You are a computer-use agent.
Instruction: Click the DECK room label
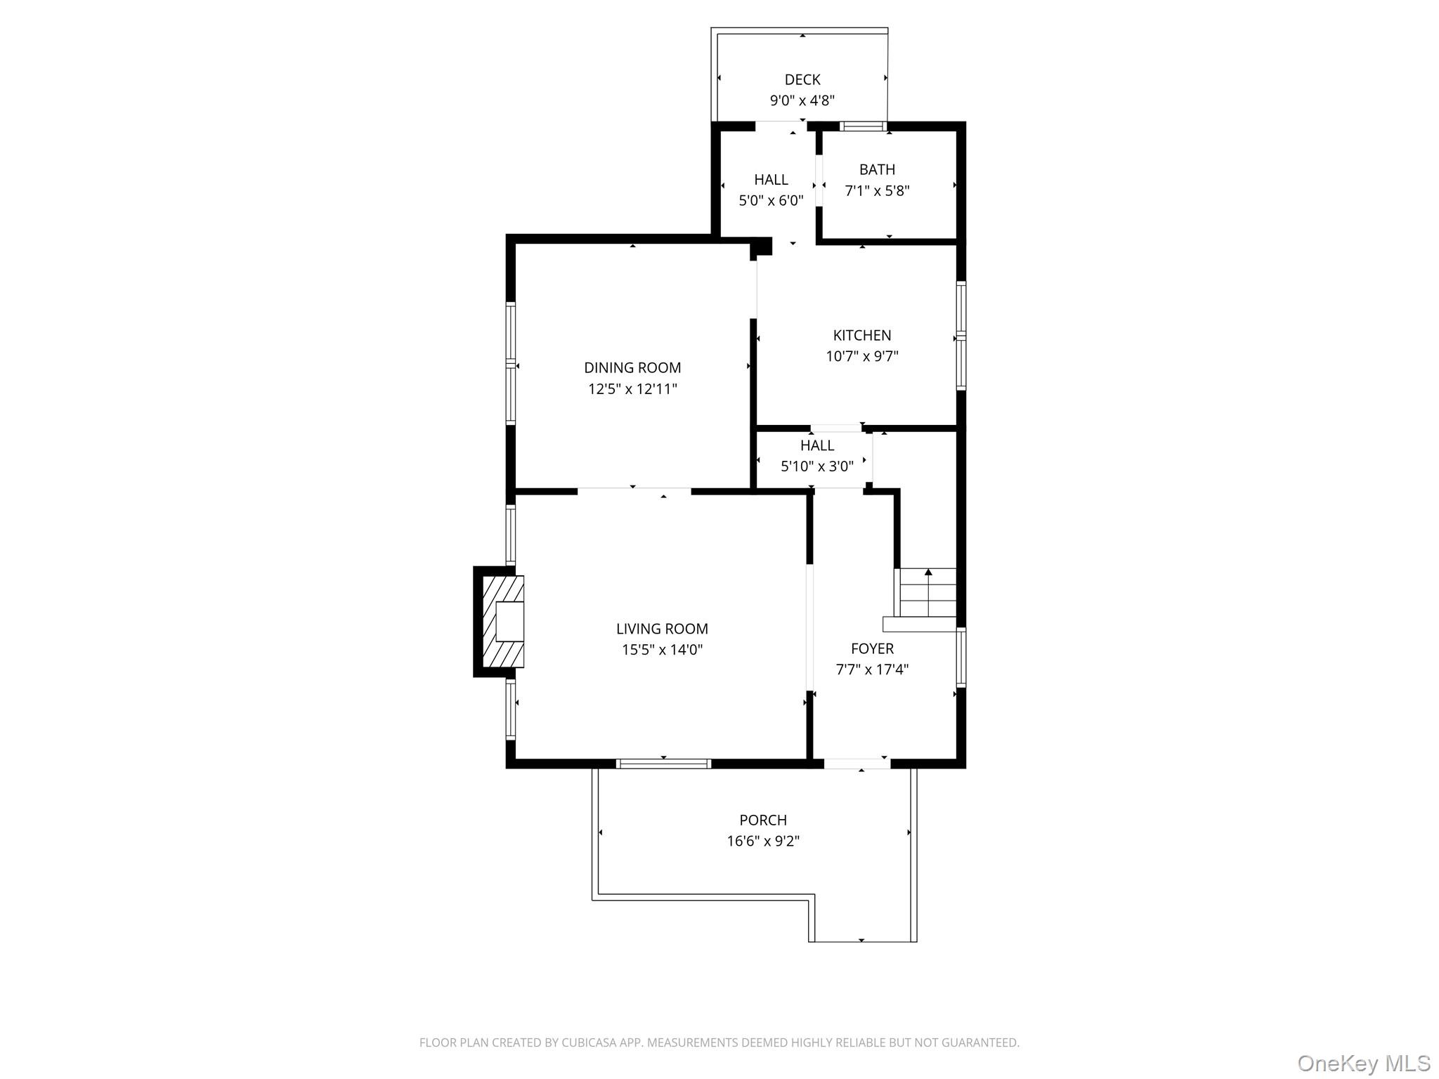coord(802,79)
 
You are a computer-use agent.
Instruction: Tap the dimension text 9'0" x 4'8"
coord(802,100)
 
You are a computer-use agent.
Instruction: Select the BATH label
coord(877,169)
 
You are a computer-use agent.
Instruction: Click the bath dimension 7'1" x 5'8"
coord(877,190)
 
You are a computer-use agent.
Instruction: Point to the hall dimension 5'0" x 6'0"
coord(771,201)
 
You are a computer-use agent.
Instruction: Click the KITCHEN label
coord(861,335)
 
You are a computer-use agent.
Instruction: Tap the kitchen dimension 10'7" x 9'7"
coord(861,356)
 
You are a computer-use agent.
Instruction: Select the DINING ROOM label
coord(632,367)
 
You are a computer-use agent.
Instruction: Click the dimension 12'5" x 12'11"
coord(632,388)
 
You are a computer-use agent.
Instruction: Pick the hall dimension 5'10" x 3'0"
coord(817,466)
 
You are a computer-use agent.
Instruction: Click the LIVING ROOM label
coord(662,629)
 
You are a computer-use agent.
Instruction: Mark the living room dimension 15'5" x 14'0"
coord(662,650)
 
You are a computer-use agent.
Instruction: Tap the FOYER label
coord(872,648)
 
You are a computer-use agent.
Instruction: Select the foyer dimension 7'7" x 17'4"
coord(872,669)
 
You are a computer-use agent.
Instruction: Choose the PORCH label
coord(763,820)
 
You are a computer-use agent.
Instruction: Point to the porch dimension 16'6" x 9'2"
coord(763,841)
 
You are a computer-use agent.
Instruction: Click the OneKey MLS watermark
coord(1363,1063)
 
